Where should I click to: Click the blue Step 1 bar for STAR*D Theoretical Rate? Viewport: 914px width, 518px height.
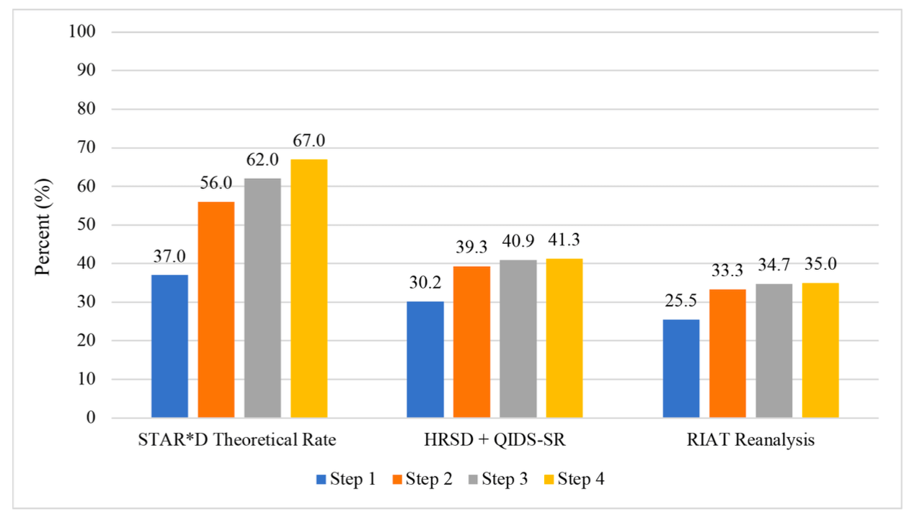tap(169, 346)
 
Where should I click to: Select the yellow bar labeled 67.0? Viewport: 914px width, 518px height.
tap(309, 289)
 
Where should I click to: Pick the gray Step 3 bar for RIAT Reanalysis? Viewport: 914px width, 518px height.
tap(774, 351)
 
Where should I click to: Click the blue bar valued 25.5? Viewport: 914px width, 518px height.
tap(681, 369)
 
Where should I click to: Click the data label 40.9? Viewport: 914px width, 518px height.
tap(518, 243)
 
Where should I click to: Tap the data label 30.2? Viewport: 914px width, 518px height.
tap(425, 284)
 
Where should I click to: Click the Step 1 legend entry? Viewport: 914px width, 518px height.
tap(345, 479)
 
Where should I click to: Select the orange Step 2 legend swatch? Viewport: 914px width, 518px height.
tap(396, 479)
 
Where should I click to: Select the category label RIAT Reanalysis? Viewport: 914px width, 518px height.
tap(750, 440)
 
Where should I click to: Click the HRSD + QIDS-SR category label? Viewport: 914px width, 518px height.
tap(494, 440)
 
